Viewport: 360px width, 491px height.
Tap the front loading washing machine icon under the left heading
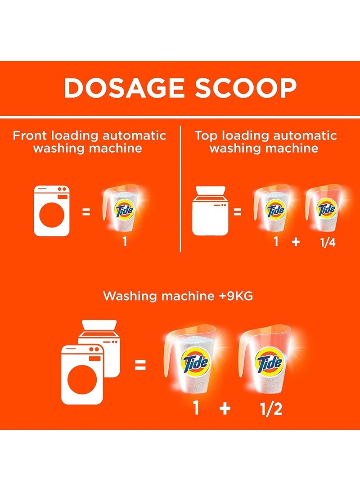[x=52, y=211]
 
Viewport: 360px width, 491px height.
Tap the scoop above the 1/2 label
[x=265, y=360]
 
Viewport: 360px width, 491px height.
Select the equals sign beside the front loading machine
[x=86, y=211]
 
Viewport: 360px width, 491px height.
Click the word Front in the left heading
[x=31, y=135]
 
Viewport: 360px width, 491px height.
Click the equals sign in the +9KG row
[x=140, y=365]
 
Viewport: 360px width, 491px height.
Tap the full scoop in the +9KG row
[x=191, y=360]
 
